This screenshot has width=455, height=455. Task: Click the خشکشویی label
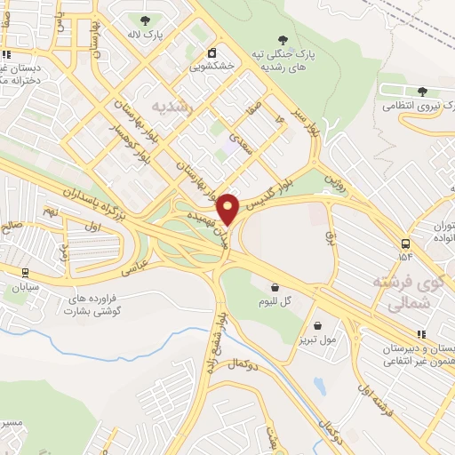(x=212, y=66)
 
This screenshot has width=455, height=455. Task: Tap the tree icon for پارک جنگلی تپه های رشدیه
(x=283, y=40)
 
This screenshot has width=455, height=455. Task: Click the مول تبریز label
(x=317, y=339)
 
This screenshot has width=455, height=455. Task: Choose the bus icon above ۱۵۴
(x=406, y=243)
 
